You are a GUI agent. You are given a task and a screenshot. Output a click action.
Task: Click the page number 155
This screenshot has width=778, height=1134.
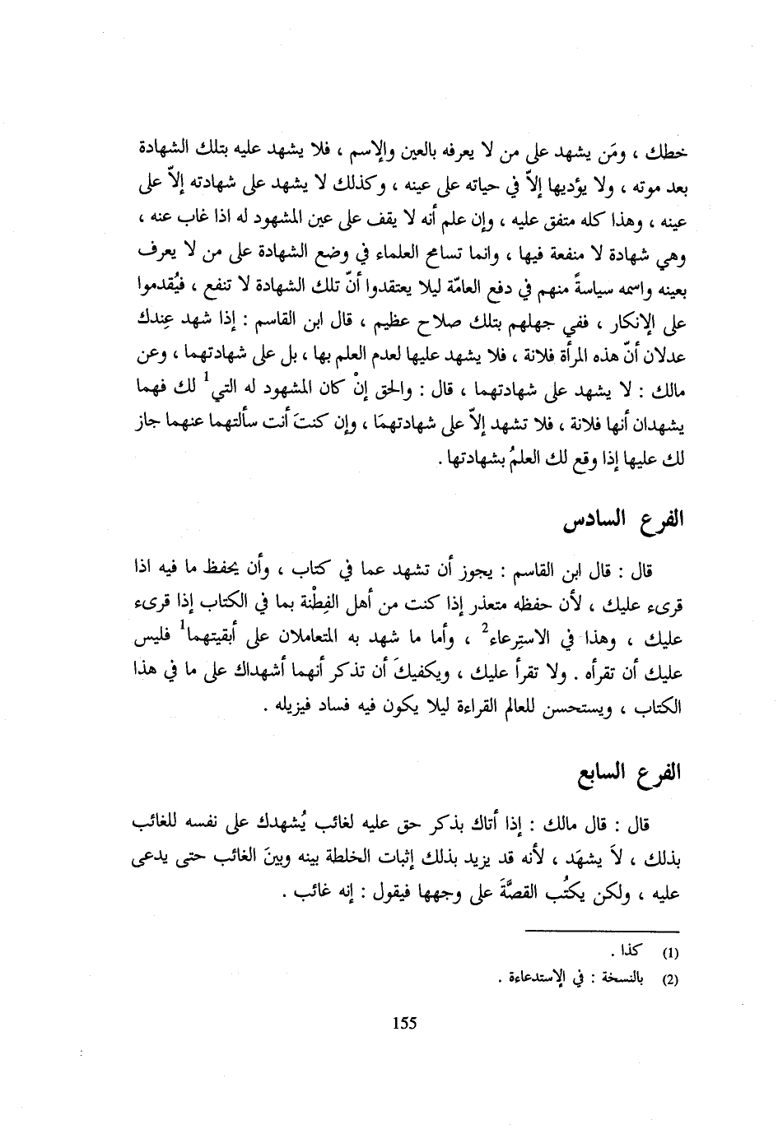click(x=405, y=1023)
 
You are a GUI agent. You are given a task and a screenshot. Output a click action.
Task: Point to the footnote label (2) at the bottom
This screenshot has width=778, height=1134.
click(x=671, y=981)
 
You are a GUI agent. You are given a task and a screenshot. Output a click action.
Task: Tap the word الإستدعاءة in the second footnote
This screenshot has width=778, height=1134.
click(x=534, y=980)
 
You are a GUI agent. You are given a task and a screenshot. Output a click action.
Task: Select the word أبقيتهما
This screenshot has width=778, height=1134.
click(x=222, y=638)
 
